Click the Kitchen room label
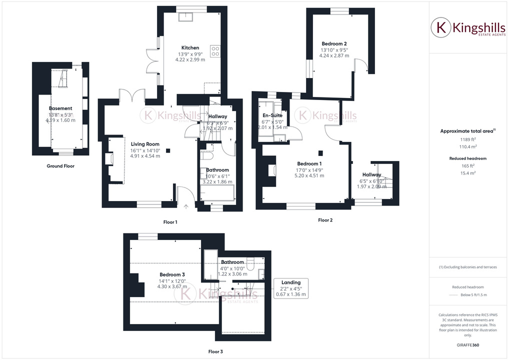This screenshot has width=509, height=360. point(190,48)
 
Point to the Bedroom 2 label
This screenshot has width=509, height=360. point(333,43)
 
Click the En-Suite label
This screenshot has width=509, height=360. point(272,115)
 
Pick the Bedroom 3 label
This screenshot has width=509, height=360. point(172,274)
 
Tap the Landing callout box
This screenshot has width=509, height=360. point(291,288)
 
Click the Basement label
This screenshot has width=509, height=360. point(60,108)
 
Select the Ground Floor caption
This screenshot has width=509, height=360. point(60,166)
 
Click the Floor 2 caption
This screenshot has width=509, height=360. point(325,220)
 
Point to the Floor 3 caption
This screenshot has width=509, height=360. point(215,351)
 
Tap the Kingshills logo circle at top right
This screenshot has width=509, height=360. point(440,27)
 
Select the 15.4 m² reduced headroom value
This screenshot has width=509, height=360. point(467,172)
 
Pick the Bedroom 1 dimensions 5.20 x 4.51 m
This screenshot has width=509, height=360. point(309,175)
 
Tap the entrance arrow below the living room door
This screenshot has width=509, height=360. point(185,205)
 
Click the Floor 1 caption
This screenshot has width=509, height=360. point(170,221)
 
